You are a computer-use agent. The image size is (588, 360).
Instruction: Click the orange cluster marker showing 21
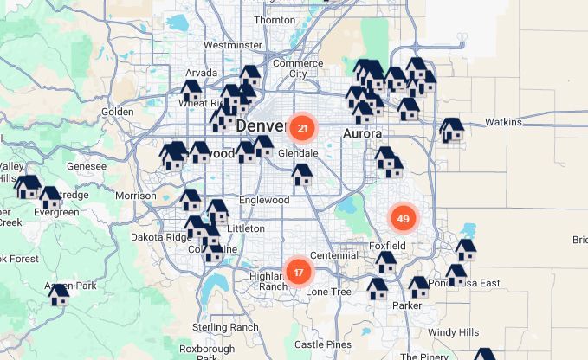point(302,129)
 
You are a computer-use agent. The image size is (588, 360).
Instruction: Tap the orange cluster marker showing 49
point(403,219)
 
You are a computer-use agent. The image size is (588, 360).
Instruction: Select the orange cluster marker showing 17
point(298,273)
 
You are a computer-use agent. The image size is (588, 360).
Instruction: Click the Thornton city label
point(275,20)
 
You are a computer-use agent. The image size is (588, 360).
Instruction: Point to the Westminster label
point(232,45)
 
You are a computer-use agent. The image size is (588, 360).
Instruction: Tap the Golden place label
point(117,112)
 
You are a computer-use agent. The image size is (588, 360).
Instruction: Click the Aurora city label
point(363,134)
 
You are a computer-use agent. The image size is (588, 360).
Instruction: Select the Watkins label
point(503,122)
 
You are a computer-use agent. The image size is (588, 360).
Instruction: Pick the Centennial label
point(333,255)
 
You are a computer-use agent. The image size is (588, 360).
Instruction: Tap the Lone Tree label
point(329,292)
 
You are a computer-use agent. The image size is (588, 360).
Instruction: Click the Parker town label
point(407,305)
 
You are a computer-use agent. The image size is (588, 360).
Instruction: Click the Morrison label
point(135,196)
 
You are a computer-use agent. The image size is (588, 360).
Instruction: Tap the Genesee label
point(87,166)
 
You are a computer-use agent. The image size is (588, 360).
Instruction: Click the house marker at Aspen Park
point(59,294)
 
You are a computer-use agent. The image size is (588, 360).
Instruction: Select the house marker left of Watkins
point(451,130)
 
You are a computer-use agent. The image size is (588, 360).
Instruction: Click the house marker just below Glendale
point(302,175)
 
